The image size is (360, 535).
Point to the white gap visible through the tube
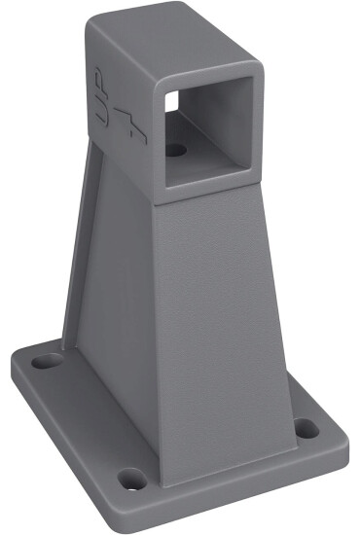coord(171,99)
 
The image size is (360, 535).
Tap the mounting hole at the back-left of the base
coord(45,361)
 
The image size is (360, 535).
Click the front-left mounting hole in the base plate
coord(131,479)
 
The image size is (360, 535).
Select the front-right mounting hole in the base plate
coord(306,427)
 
